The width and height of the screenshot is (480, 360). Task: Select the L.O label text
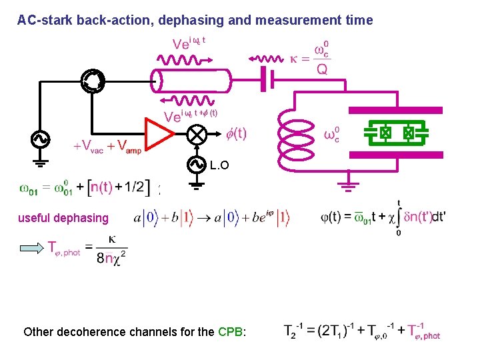click(219, 165)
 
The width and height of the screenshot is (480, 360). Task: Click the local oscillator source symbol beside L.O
click(197, 163)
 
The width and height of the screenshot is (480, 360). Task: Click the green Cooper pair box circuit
click(395, 134)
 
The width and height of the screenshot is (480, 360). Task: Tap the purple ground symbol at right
click(348, 184)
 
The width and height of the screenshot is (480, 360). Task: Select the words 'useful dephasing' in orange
click(63, 217)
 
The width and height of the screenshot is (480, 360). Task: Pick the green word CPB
click(230, 331)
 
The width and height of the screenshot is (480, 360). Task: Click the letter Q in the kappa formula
click(322, 70)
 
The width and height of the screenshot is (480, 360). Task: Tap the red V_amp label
click(128, 146)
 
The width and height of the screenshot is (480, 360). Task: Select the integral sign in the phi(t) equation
click(398, 217)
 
